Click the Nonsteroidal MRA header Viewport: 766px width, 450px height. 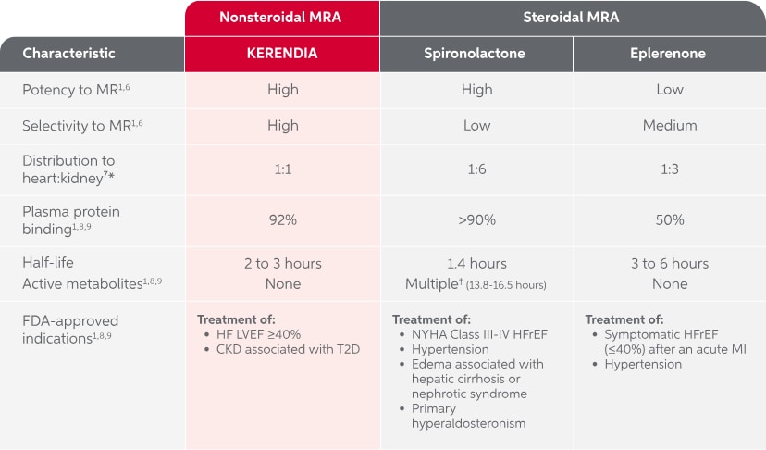tap(282, 17)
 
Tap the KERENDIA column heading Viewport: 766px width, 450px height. tap(282, 53)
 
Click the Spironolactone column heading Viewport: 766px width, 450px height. tap(477, 53)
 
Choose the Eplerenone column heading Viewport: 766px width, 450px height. tap(670, 53)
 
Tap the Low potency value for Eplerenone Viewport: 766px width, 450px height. tap(670, 90)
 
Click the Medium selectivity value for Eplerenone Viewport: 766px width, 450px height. tap(670, 125)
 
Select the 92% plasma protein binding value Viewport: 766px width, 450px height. tap(282, 220)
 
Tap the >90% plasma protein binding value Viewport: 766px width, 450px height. tap(477, 220)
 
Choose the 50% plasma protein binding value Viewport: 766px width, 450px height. tap(670, 220)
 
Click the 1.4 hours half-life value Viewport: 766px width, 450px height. tap(477, 264)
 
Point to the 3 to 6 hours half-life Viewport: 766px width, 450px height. tap(670, 264)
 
